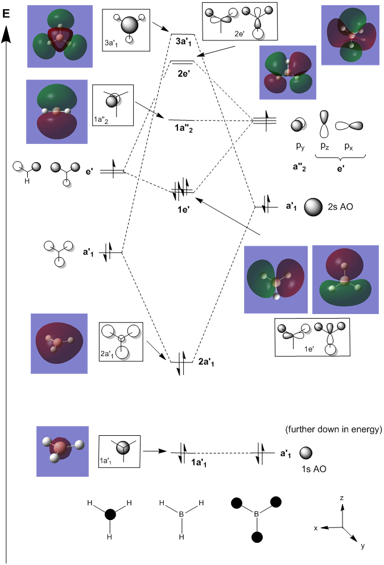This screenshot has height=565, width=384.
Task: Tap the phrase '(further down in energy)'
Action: [x=333, y=430]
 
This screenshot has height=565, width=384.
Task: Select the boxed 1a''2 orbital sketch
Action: [x=113, y=105]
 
